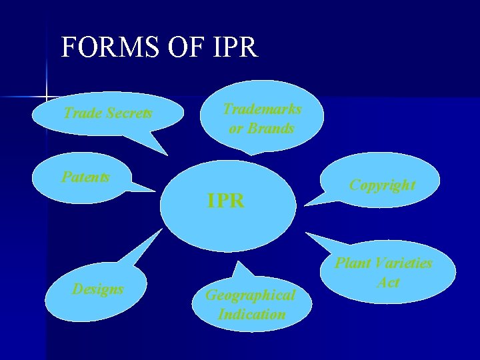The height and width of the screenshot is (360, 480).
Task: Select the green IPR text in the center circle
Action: (x=225, y=200)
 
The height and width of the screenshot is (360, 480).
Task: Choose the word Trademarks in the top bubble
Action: (x=262, y=109)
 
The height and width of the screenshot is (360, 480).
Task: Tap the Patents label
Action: (x=85, y=177)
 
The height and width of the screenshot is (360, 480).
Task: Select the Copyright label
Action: (x=382, y=185)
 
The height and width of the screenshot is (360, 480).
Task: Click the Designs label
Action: (x=98, y=289)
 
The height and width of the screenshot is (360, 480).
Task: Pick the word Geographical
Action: (x=250, y=295)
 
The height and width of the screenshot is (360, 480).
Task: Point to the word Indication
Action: (x=251, y=314)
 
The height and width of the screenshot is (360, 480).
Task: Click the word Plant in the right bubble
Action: (x=353, y=263)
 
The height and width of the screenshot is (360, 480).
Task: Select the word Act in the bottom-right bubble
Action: (x=388, y=282)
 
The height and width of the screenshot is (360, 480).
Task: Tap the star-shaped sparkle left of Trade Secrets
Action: (x=47, y=97)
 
